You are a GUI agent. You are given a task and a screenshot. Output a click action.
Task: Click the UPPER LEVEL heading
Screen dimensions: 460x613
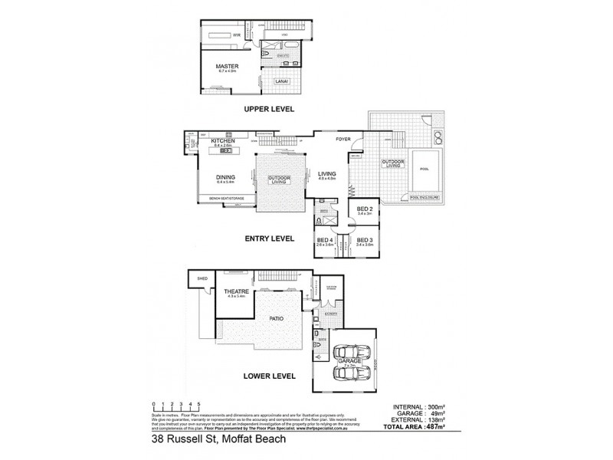click(x=270, y=109)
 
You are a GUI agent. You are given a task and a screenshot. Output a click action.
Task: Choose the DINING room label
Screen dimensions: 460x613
click(x=225, y=177)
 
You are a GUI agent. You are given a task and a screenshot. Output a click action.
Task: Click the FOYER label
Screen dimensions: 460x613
click(x=343, y=140)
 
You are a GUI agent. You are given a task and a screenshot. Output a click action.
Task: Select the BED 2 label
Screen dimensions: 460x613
click(x=363, y=209)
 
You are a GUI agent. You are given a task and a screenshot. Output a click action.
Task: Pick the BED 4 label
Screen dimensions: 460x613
click(x=325, y=240)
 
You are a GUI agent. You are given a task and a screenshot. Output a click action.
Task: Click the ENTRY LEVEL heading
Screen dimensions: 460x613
click(x=269, y=238)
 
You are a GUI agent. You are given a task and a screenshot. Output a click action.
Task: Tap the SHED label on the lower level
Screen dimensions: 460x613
click(x=202, y=278)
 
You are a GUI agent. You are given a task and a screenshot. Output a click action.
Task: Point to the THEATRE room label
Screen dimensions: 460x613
click(x=234, y=291)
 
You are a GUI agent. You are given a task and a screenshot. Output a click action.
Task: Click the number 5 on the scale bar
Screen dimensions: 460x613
click(x=199, y=403)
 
